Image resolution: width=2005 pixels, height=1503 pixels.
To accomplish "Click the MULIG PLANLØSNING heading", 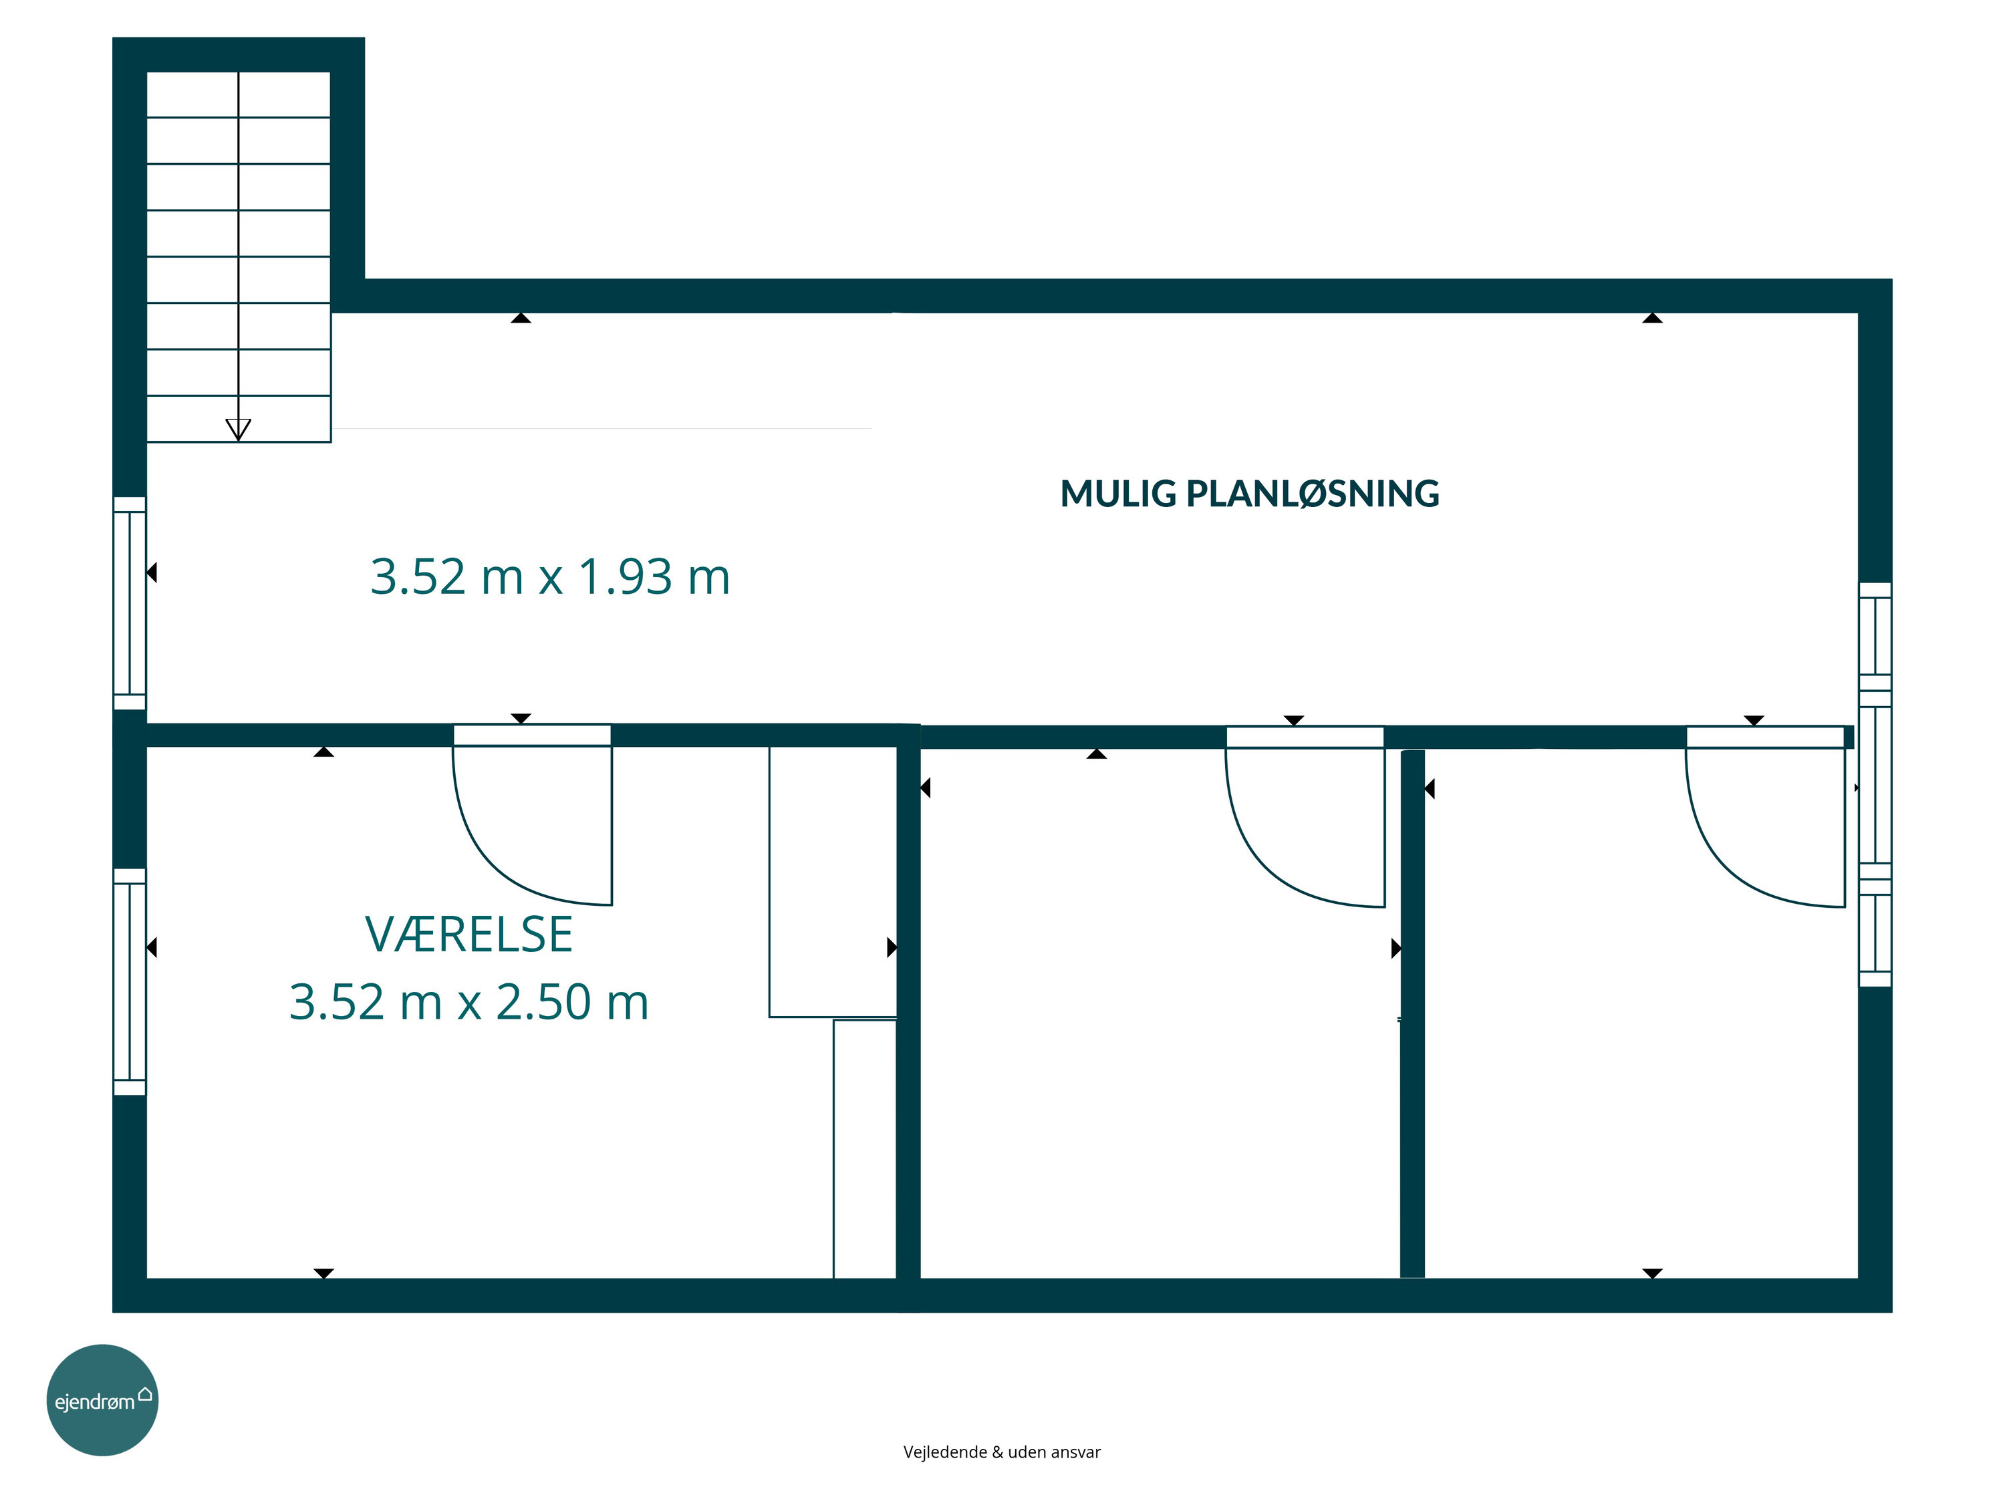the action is click(x=1249, y=494).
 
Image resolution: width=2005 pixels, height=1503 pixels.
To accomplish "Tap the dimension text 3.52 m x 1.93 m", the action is click(x=550, y=577).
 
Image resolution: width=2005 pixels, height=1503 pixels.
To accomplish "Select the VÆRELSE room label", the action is click(x=469, y=935).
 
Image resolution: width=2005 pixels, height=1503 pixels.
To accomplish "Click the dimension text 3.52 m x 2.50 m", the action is click(x=469, y=1002).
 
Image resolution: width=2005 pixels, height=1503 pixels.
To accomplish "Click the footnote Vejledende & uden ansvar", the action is click(x=1002, y=1452).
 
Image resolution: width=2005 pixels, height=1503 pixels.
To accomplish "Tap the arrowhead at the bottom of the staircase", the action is click(x=239, y=430).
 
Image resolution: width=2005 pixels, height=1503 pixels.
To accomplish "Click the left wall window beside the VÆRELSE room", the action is click(x=130, y=982).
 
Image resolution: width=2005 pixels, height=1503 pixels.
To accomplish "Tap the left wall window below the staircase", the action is click(x=130, y=603).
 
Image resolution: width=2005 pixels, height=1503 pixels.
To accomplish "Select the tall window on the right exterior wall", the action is click(x=1875, y=785).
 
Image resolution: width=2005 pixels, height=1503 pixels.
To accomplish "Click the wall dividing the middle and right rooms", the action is click(x=1412, y=1014).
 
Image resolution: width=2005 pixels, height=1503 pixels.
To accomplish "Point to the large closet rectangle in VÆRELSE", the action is click(x=833, y=880).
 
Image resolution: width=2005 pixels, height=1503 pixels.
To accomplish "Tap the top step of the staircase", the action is click(x=239, y=94).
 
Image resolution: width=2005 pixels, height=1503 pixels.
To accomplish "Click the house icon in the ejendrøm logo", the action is click(x=145, y=1393).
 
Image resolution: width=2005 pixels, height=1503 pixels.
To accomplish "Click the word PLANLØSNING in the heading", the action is click(x=1313, y=494).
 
